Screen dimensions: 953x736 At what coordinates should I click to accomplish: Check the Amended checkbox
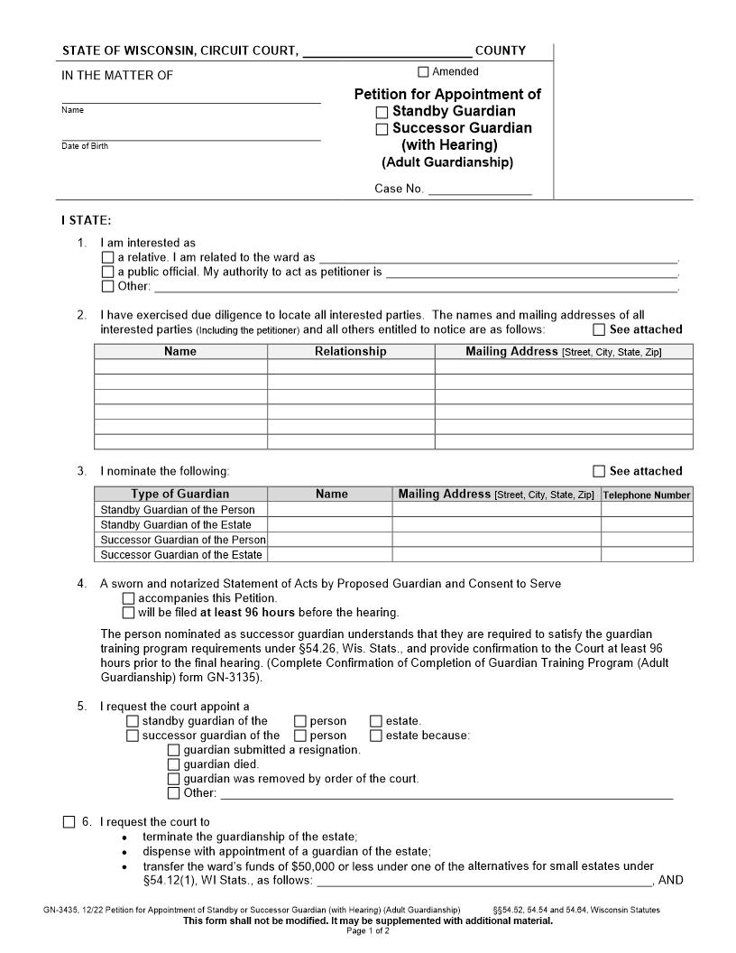[x=423, y=72]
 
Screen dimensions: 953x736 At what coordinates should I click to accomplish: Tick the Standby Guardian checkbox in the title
[x=382, y=113]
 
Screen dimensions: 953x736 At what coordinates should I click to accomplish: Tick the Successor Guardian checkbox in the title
[x=382, y=129]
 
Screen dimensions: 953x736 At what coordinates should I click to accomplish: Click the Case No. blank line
[x=479, y=190]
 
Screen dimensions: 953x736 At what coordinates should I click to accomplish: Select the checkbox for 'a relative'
[x=108, y=258]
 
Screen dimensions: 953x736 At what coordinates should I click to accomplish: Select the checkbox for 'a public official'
[x=108, y=273]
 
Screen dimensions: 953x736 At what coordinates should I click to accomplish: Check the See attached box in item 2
[x=599, y=329]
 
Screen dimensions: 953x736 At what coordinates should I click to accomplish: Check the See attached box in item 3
[x=599, y=471]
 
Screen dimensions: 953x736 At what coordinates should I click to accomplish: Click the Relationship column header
[x=350, y=352]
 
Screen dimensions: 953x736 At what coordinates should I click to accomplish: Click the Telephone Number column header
[x=646, y=495]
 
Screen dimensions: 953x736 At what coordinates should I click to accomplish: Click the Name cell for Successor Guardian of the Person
[x=330, y=540]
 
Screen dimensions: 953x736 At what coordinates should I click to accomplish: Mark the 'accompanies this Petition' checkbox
[x=128, y=598]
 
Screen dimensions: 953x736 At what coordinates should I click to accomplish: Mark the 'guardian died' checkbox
[x=173, y=764]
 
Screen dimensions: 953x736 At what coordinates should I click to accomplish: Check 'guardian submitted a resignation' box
[x=173, y=750]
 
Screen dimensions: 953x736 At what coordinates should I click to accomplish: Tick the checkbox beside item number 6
[x=69, y=822]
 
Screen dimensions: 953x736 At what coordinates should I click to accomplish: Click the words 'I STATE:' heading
[x=86, y=220]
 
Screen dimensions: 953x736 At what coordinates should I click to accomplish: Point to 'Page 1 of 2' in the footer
[x=368, y=931]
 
